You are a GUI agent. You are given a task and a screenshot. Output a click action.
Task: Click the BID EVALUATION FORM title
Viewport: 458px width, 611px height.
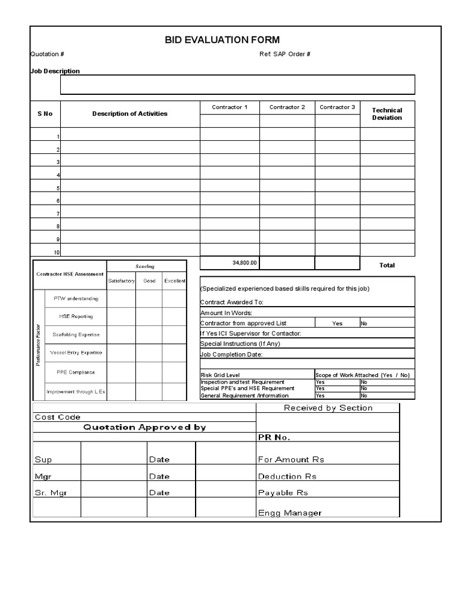pyautogui.click(x=222, y=40)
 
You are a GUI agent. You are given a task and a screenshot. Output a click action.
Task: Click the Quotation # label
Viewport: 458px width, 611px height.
pyautogui.click(x=48, y=54)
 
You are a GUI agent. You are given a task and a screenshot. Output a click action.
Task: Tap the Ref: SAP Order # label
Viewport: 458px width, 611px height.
pyautogui.click(x=284, y=54)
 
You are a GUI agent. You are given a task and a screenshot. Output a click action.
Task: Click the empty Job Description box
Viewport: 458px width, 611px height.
pyautogui.click(x=237, y=85)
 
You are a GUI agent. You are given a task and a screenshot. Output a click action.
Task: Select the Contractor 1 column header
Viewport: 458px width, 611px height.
pyautogui.click(x=230, y=107)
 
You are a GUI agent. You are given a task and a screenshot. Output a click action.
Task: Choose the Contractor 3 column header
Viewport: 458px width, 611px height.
pyautogui.click(x=337, y=107)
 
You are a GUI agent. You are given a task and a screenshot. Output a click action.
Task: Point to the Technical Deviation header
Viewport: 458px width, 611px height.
pyautogui.click(x=387, y=114)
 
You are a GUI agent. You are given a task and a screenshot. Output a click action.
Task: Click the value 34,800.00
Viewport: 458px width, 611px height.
pyautogui.click(x=245, y=263)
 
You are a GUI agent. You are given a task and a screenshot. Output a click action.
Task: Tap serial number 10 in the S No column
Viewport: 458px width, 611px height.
pyautogui.click(x=57, y=252)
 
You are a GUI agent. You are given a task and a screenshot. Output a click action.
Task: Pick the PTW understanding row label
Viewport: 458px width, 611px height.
pyautogui.click(x=76, y=298)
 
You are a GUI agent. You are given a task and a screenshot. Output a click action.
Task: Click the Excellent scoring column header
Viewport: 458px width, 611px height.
pyautogui.click(x=175, y=280)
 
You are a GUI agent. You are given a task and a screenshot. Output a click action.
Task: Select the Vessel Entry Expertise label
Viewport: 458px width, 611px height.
pyautogui.click(x=76, y=353)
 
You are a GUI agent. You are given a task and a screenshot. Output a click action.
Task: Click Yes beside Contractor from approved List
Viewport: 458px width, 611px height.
pyautogui.click(x=338, y=323)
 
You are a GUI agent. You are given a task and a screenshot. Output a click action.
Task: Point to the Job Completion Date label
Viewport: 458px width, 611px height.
pyautogui.click(x=231, y=354)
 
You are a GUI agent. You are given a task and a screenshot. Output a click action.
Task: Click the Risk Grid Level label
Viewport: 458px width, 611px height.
pyautogui.click(x=220, y=375)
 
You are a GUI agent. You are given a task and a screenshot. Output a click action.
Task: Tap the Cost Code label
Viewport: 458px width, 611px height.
pyautogui.click(x=57, y=417)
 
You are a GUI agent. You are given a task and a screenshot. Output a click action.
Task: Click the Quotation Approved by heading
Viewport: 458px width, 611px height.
pyautogui.click(x=144, y=427)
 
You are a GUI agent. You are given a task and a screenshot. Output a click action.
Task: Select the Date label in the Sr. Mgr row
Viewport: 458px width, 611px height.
pyautogui.click(x=159, y=493)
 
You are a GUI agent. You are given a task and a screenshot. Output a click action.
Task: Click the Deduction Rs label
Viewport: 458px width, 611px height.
pyautogui.click(x=287, y=476)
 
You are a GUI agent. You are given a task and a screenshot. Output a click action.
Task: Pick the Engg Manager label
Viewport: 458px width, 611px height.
pyautogui.click(x=289, y=513)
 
